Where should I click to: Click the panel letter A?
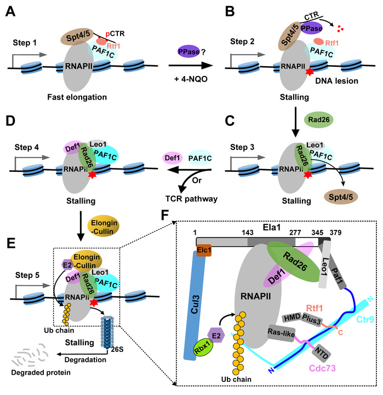[x=10, y=10]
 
